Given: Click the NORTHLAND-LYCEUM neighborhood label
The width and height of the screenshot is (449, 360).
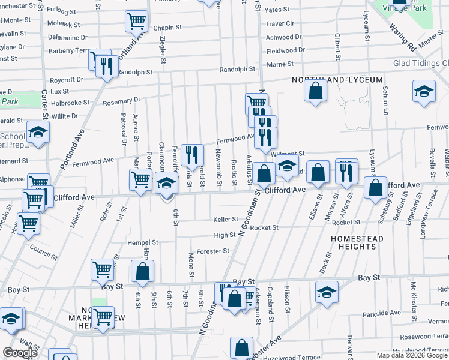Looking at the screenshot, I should pos(327,80).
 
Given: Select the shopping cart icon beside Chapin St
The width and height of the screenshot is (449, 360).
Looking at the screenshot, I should pos(137,22).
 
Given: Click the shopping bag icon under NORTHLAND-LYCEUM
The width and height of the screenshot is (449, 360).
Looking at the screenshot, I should pos(316,91).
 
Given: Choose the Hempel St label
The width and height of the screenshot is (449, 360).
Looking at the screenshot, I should pos(142,243).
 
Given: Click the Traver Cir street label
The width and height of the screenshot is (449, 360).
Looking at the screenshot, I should pos(280,23).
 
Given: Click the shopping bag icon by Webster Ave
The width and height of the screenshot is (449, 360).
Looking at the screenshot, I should pos(241,348).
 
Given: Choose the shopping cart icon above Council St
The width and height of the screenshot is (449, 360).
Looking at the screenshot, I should pos(29,223).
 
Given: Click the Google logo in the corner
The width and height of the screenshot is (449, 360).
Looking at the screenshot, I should pos(20,353).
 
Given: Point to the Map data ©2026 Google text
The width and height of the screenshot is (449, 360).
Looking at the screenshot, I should pos(411,355).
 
